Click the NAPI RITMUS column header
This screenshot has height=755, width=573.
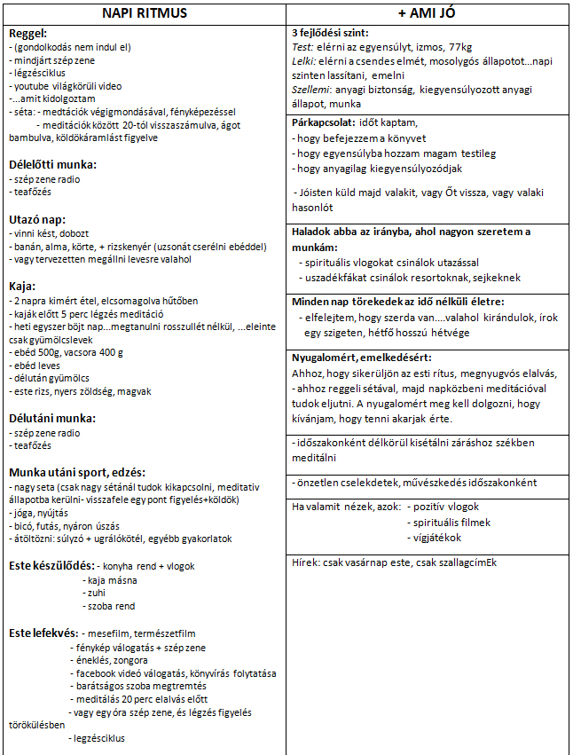pyautogui.click(x=144, y=12)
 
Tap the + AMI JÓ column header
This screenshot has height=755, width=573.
pyautogui.click(x=430, y=12)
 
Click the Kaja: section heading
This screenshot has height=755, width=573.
pyautogui.click(x=22, y=286)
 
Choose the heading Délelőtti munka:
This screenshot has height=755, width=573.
pyautogui.click(x=52, y=164)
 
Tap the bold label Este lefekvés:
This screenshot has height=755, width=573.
pyautogui.click(x=43, y=633)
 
